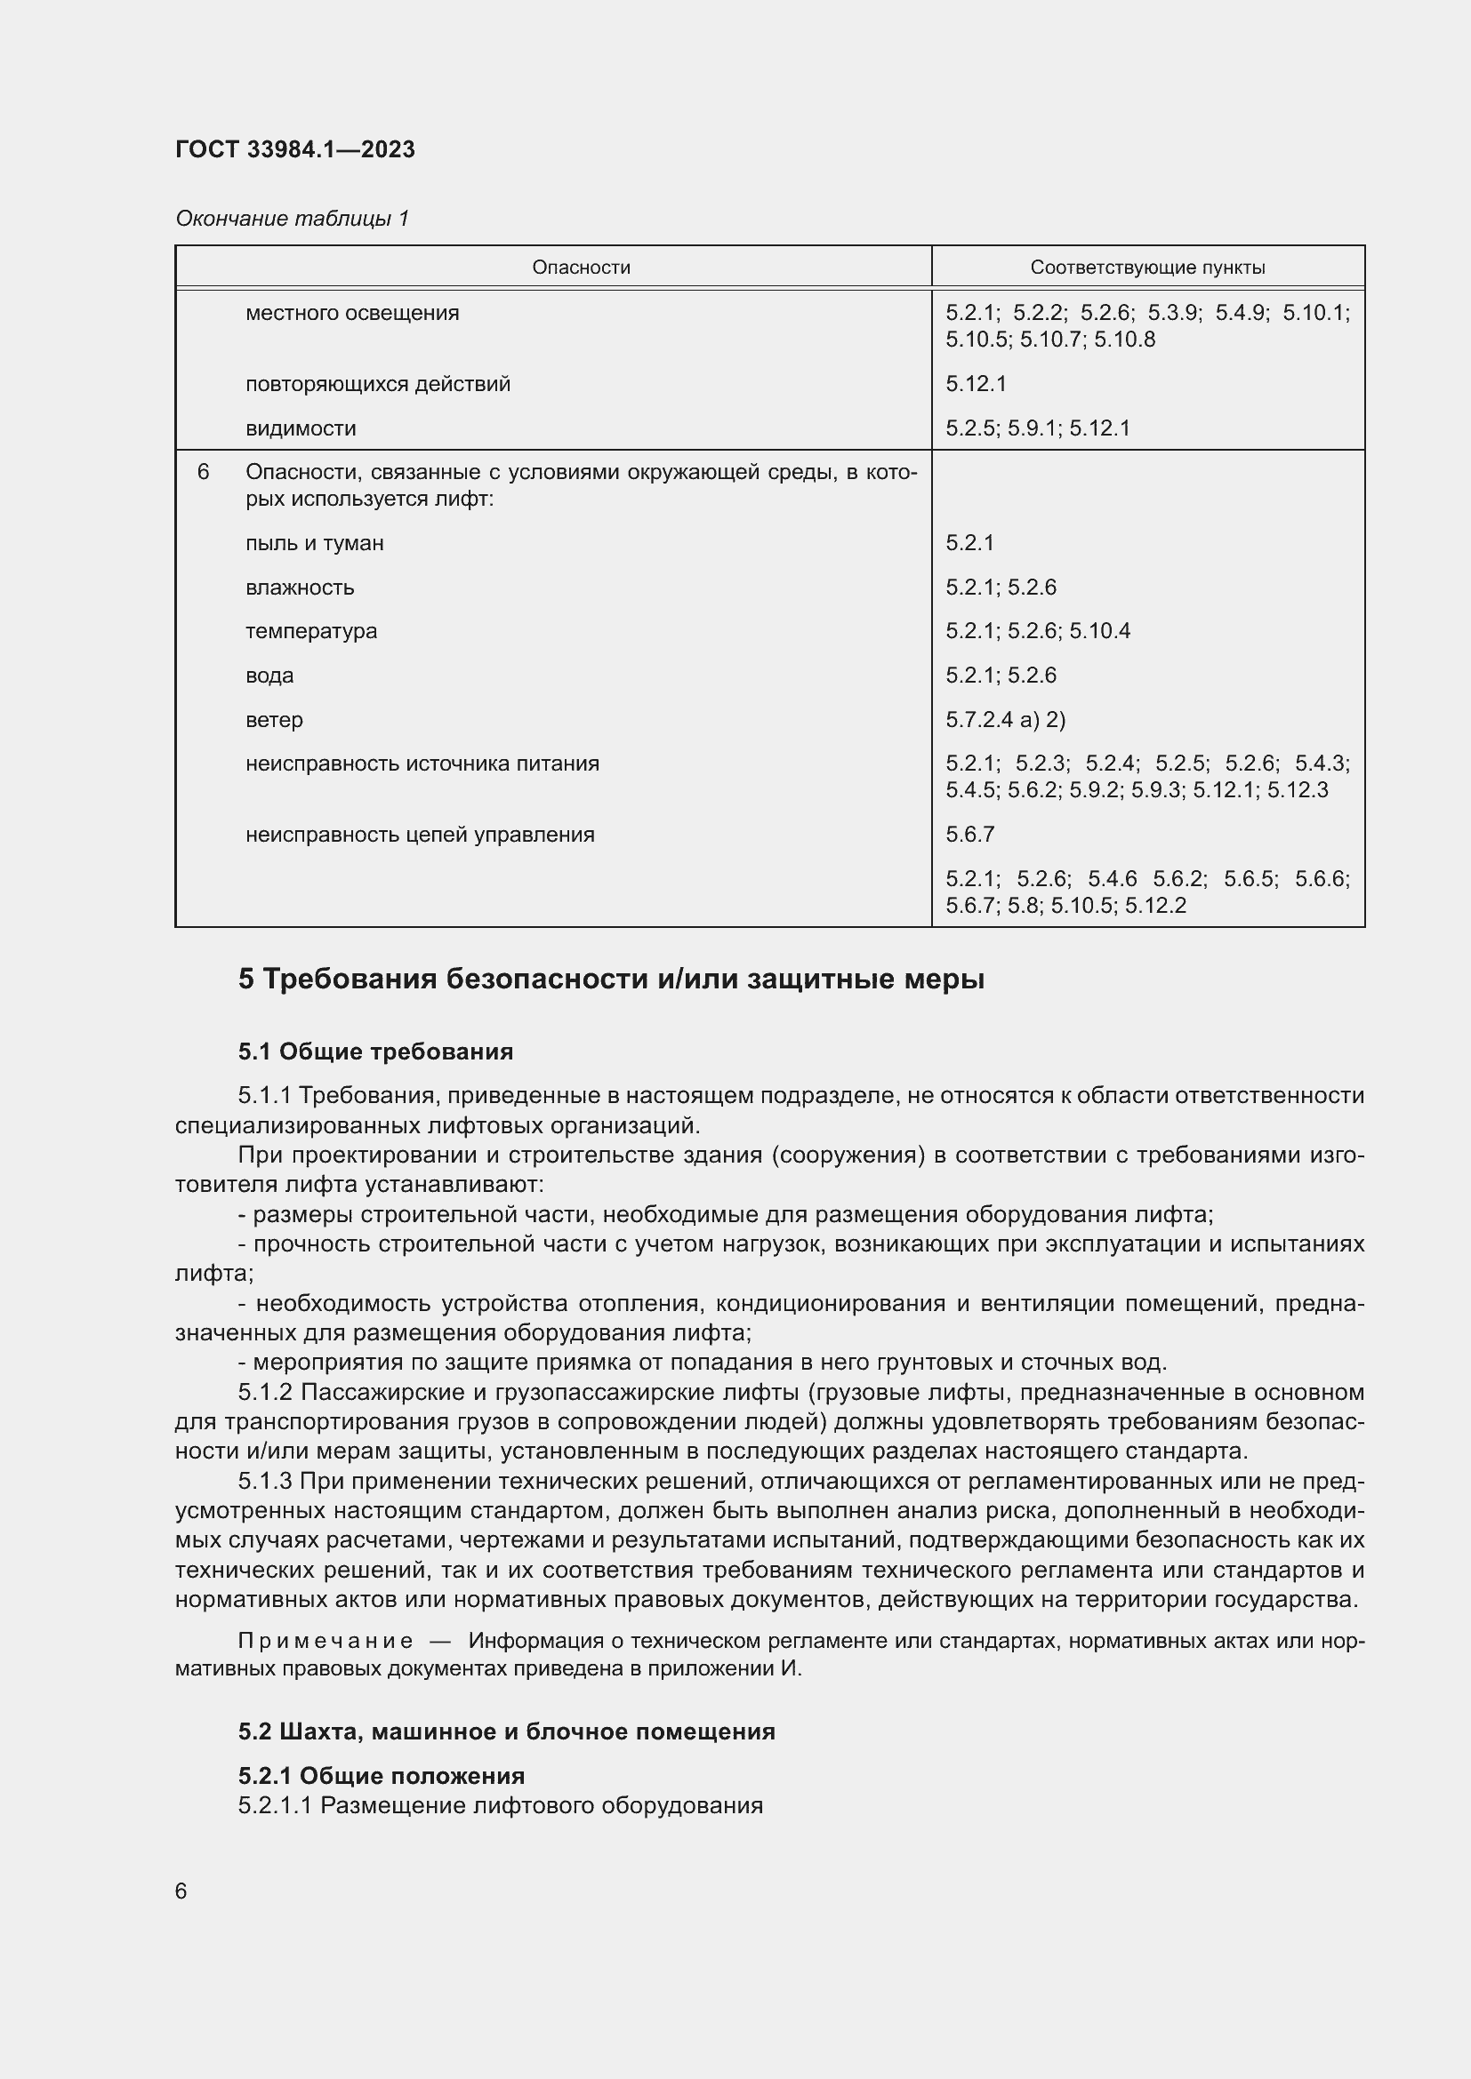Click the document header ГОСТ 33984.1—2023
click(x=295, y=149)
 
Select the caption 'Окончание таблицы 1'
click(x=292, y=219)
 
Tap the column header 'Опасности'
click(x=581, y=268)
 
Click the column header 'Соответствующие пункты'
click(x=1147, y=268)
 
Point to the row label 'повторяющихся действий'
click(x=378, y=384)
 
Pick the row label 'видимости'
click(x=301, y=428)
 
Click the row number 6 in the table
click(x=203, y=473)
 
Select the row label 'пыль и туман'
click(x=314, y=543)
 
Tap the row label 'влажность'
click(x=300, y=588)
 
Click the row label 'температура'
click(x=310, y=631)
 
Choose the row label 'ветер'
click(x=274, y=720)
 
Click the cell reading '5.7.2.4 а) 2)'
click(x=1006, y=720)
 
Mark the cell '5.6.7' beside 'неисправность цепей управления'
click(x=970, y=834)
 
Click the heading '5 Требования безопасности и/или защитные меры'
click(x=611, y=980)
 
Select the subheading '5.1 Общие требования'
click(x=376, y=1051)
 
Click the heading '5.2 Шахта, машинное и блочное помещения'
click(x=506, y=1731)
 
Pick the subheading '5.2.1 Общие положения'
click(x=382, y=1775)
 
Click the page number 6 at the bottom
click(x=181, y=1891)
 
